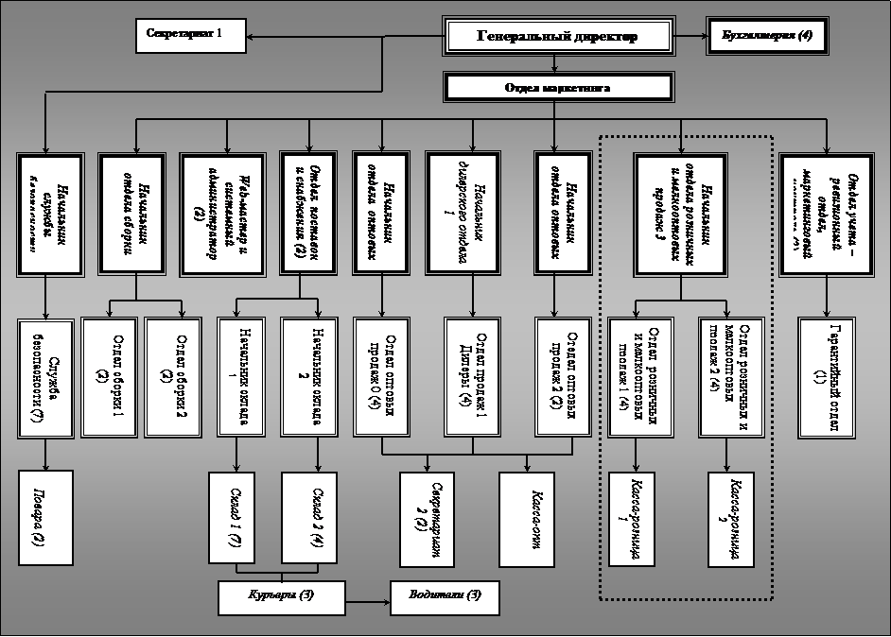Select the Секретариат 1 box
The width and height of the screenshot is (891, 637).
tap(190, 36)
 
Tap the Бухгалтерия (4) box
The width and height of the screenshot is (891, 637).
tap(766, 36)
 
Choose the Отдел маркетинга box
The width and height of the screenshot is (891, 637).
tap(558, 88)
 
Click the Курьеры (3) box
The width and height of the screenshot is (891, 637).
tap(281, 596)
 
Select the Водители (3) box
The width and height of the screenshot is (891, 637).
tap(445, 596)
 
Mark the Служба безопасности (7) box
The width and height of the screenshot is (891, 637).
tap(45, 375)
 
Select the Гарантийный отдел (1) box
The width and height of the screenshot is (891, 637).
tap(826, 375)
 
